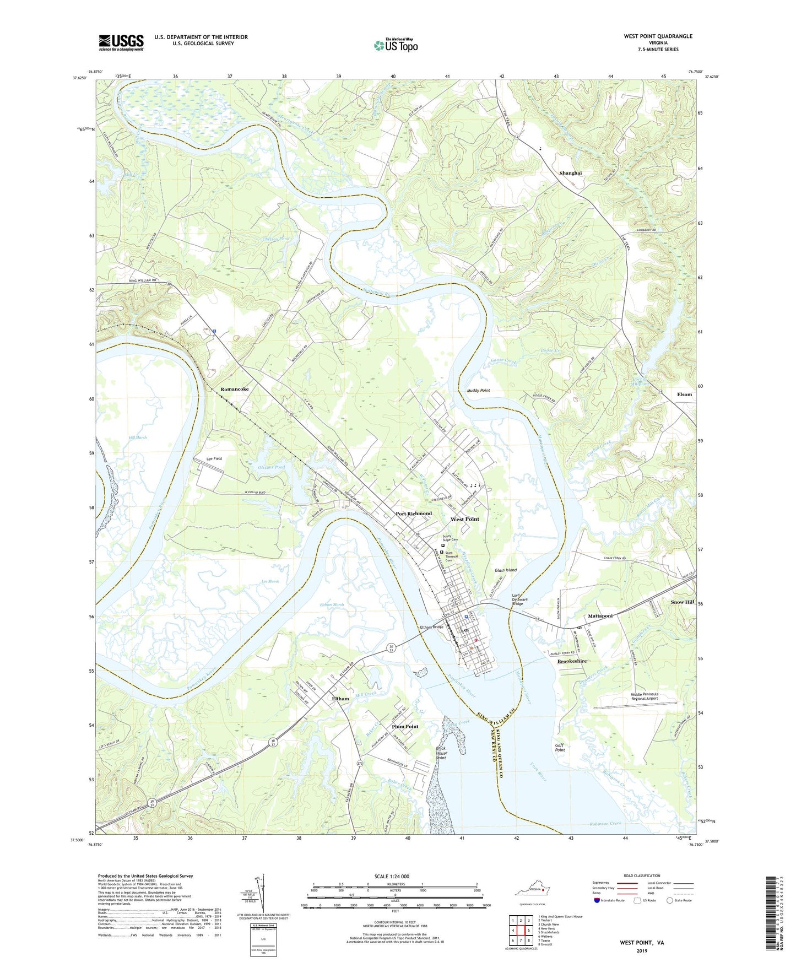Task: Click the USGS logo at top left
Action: (121, 42)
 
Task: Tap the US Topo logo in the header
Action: (395, 45)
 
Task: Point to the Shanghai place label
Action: (570, 173)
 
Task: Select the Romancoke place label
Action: (235, 389)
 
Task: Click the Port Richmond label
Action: (414, 514)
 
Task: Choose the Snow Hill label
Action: (682, 602)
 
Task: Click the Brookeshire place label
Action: (572, 661)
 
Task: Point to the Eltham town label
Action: (340, 699)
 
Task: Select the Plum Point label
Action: (405, 726)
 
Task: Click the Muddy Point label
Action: (474, 390)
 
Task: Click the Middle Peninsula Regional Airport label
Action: (652, 696)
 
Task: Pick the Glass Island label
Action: (505, 570)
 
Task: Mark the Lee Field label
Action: (214, 458)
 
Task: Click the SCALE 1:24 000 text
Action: (395, 877)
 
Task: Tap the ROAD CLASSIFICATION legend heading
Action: (642, 875)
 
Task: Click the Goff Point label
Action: (560, 747)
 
